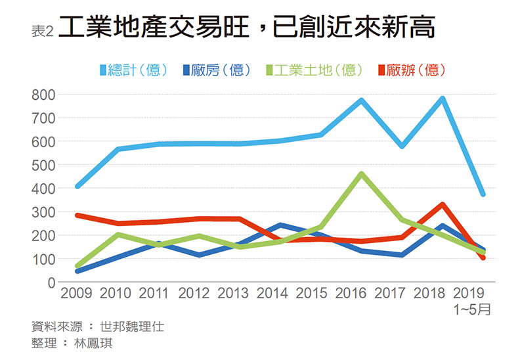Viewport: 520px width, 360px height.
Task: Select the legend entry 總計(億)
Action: pos(135,70)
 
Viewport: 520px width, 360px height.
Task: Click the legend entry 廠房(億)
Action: pos(219,70)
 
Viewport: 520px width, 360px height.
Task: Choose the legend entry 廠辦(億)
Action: pos(410,70)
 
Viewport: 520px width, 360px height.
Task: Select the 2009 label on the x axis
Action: pos(77,294)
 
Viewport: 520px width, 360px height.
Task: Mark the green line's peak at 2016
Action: pos(362,174)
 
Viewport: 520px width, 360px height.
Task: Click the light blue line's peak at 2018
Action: pos(443,99)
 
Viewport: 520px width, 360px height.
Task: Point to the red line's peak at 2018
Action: pos(443,204)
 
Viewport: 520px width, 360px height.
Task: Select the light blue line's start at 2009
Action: pos(77,187)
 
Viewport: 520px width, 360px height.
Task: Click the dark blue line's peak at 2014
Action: pos(280,225)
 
